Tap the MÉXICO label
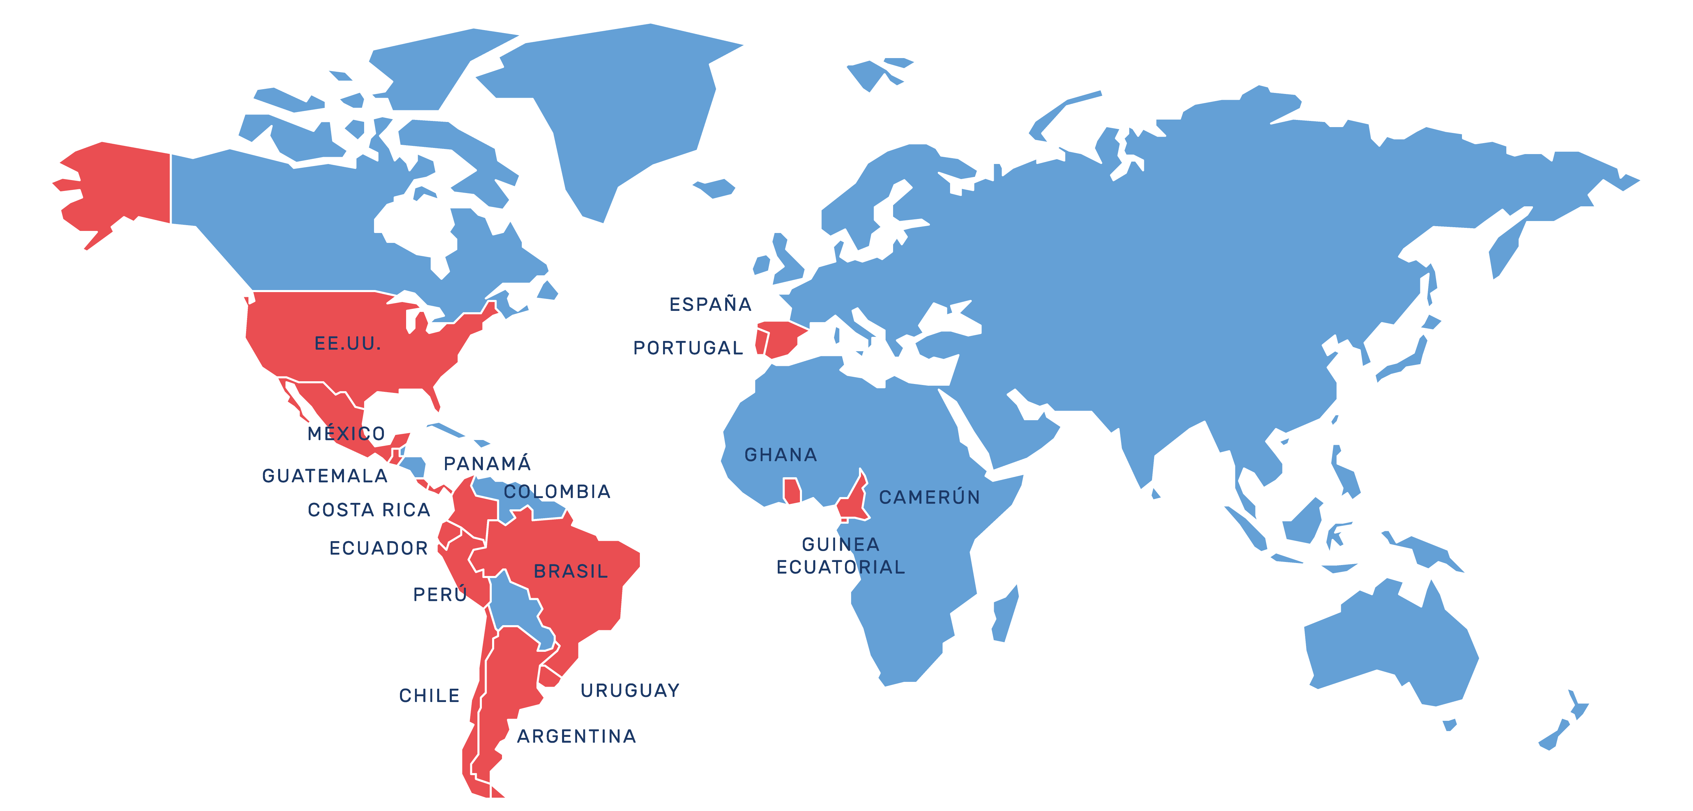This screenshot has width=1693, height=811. [346, 434]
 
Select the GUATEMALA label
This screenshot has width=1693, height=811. [325, 476]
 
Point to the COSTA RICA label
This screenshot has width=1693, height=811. [369, 510]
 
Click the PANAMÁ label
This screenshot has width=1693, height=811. [487, 464]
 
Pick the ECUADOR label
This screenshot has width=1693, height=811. [378, 548]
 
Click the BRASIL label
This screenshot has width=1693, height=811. [571, 571]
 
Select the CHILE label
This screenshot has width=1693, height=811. [429, 695]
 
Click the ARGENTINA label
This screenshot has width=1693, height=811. [576, 736]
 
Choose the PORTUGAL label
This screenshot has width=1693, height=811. [687, 348]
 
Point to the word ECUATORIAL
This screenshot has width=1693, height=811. [841, 567]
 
